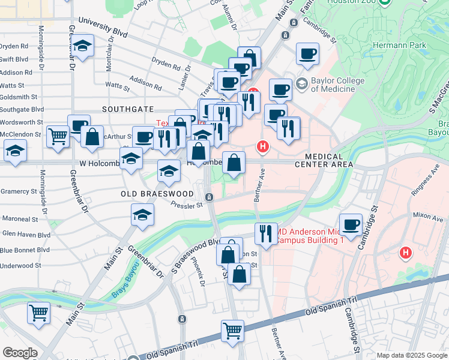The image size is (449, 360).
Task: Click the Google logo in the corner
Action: pyautogui.click(x=19, y=353)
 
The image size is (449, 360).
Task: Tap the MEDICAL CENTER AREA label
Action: pyautogui.click(x=324, y=164)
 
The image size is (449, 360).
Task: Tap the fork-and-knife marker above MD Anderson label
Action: pyautogui.click(x=265, y=233)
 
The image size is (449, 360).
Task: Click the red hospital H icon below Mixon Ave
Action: pyautogui.click(x=406, y=253)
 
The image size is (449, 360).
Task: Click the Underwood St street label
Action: pyautogui.click(x=20, y=265)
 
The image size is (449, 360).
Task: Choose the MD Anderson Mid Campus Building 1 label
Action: pyautogui.click(x=309, y=236)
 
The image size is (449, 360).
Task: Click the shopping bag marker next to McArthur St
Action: pyautogui.click(x=92, y=136)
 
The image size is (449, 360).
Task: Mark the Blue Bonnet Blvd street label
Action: pyautogui.click(x=25, y=250)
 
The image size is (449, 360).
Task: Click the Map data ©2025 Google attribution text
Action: pyautogui.click(x=411, y=355)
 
